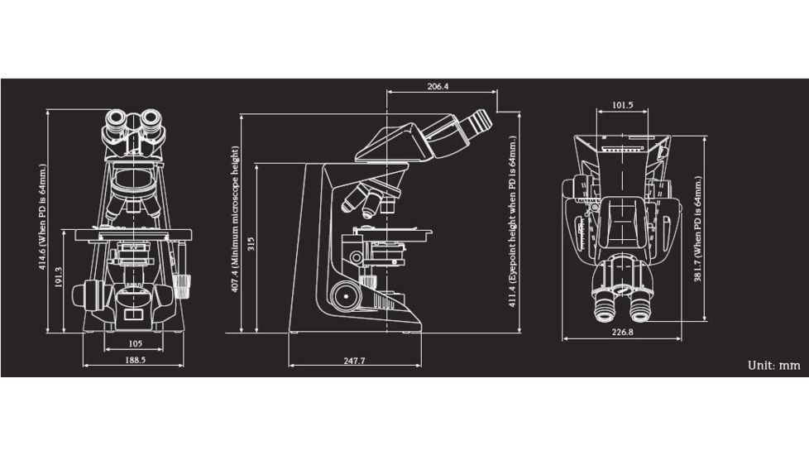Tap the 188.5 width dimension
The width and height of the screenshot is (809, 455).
(x=135, y=361)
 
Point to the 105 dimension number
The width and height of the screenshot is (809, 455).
(x=135, y=342)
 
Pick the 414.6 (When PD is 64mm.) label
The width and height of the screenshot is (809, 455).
(x=42, y=220)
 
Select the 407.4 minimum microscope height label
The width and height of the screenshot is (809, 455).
(x=235, y=219)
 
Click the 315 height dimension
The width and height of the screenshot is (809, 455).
(x=251, y=246)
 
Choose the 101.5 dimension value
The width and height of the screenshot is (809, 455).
(x=623, y=105)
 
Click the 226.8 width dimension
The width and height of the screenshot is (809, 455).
(x=622, y=333)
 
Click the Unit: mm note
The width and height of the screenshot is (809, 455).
(x=773, y=365)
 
